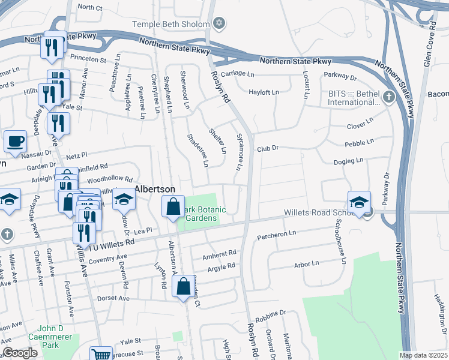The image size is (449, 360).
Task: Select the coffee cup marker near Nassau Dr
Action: (x=15, y=142)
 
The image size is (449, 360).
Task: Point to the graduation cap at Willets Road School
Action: (x=358, y=202)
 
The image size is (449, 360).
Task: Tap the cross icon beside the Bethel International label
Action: (x=388, y=97)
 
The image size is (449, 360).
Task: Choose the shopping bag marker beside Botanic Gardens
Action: (x=173, y=206)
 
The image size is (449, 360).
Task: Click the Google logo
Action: (x=20, y=353)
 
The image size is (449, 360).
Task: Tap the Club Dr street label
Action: (x=268, y=148)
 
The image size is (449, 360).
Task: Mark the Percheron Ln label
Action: (x=277, y=233)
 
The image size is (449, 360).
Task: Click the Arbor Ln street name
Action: (x=306, y=264)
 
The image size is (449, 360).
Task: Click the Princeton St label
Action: (x=88, y=60)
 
